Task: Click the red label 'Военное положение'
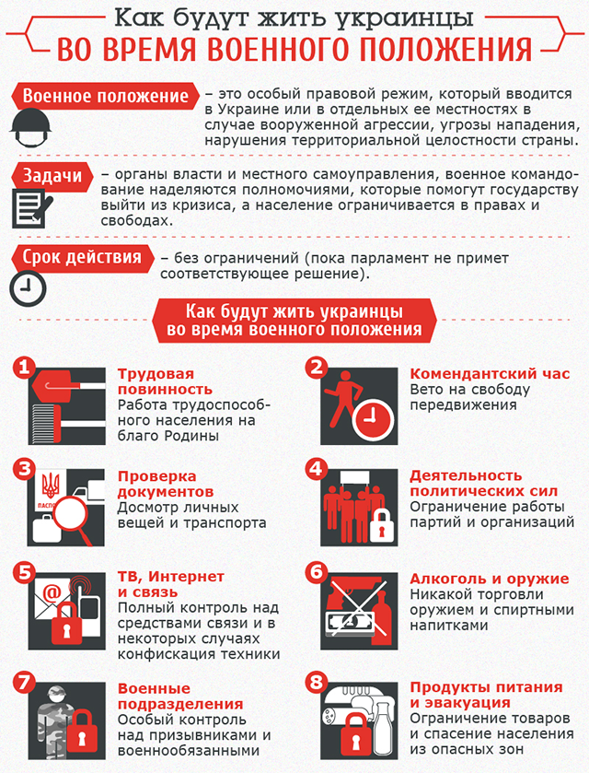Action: click(105, 97)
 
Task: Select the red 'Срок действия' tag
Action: click(82, 257)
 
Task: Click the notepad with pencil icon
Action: click(30, 207)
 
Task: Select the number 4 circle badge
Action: click(316, 469)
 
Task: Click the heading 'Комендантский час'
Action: click(490, 375)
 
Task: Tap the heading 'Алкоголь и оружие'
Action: click(490, 579)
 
